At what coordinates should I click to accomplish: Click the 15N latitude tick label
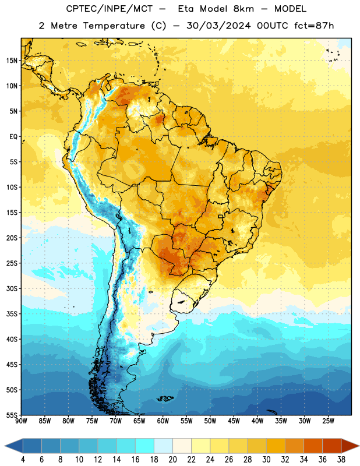point(12,61)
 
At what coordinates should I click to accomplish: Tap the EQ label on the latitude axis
point(13,137)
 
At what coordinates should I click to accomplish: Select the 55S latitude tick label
point(12,415)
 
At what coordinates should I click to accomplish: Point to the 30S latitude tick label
point(12,288)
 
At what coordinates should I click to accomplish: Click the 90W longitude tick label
point(22,421)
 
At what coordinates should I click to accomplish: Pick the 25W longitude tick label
point(328,421)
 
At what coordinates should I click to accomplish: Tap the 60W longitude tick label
point(163,421)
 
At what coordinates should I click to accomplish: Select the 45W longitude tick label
point(234,421)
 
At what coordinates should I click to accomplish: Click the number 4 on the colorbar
point(23,460)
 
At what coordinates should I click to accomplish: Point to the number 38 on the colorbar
point(341,460)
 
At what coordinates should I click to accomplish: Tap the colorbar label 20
point(172,460)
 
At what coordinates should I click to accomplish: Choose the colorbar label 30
point(266,460)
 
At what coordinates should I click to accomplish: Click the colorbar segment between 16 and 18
point(145,446)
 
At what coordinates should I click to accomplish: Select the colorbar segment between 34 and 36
point(313,446)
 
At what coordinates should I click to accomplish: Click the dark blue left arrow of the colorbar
point(13,446)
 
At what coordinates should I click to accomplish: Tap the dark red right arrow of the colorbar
point(350,446)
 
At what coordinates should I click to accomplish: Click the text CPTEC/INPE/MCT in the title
point(109,9)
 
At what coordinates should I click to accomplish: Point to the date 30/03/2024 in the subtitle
point(218,26)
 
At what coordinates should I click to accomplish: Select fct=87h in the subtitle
point(314,26)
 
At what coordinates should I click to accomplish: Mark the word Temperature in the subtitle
point(114,26)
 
